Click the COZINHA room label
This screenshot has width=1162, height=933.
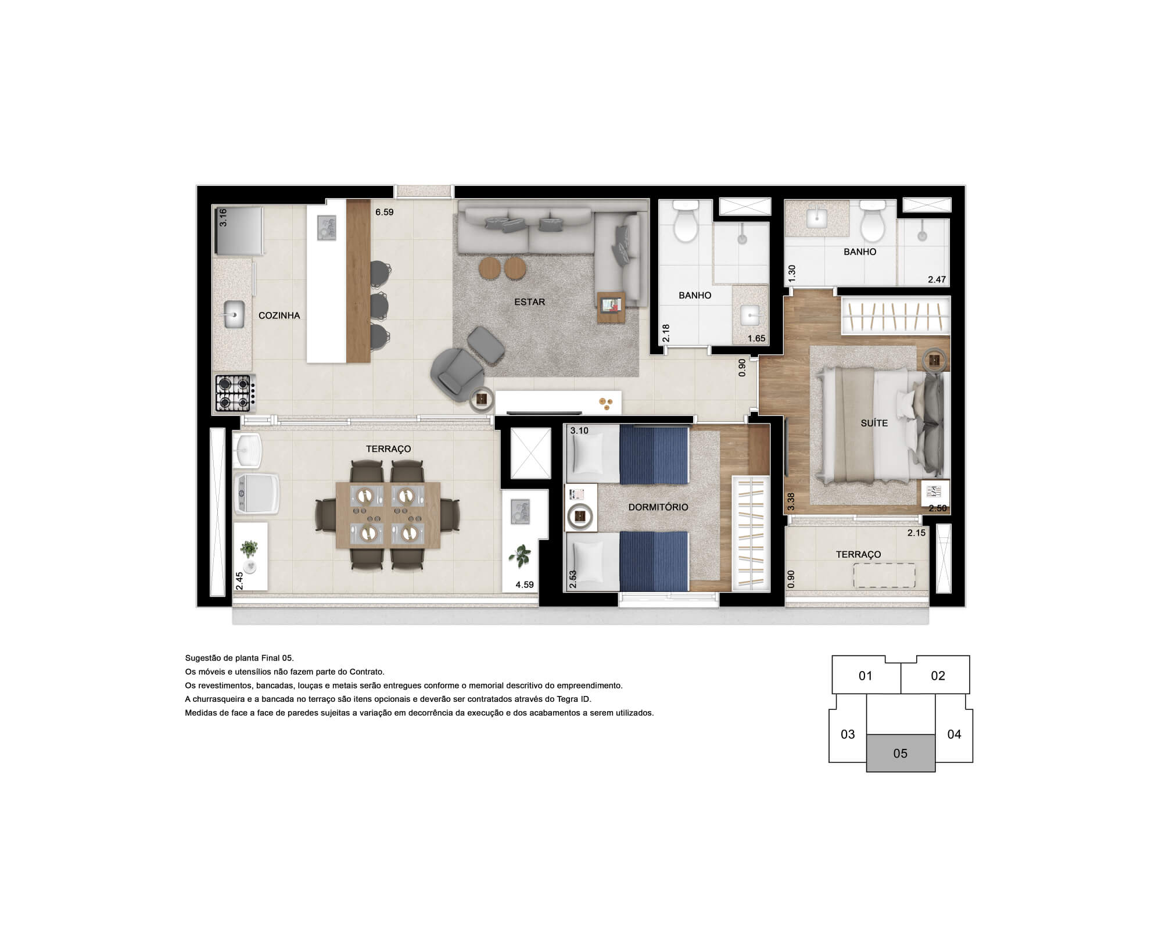(x=279, y=315)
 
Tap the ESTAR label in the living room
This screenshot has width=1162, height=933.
(x=529, y=302)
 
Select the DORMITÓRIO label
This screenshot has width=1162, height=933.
(x=658, y=507)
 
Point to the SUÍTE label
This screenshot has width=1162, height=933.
(x=874, y=423)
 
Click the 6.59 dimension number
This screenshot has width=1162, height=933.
(x=384, y=212)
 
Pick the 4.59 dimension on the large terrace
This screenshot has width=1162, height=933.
(x=525, y=584)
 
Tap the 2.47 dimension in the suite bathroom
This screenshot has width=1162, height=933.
(x=937, y=279)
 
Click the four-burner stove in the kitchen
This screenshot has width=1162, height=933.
(x=233, y=393)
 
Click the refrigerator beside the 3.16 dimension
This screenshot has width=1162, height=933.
(x=238, y=231)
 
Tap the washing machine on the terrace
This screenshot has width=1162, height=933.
(x=256, y=494)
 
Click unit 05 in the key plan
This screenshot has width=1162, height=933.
(x=901, y=753)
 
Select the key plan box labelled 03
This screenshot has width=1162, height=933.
(x=848, y=734)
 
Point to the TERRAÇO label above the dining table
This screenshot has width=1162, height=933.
(x=388, y=449)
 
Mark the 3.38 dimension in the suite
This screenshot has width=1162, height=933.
(x=790, y=502)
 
